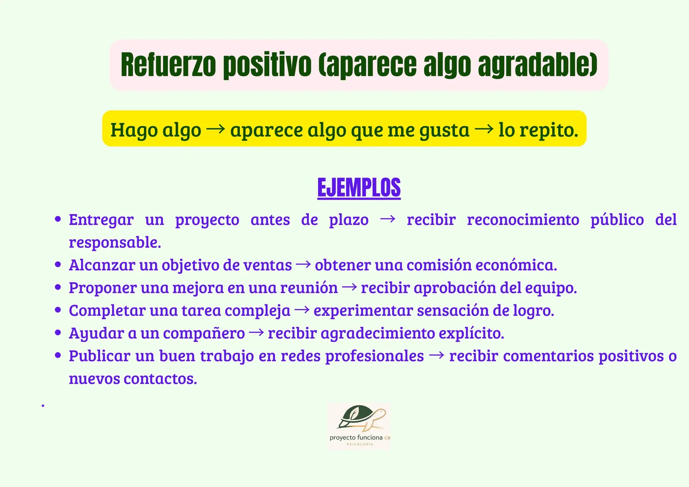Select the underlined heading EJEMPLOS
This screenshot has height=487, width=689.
[359, 187]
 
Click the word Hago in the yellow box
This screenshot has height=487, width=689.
[133, 130]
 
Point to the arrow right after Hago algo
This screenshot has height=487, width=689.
[216, 128]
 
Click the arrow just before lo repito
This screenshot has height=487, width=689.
[484, 128]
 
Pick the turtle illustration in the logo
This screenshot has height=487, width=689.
[361, 418]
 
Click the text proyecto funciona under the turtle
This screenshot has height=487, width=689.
[356, 437]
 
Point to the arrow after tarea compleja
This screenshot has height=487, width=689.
[302, 310]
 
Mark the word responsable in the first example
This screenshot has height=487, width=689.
[115, 243]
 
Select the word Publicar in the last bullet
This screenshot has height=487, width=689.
[99, 356]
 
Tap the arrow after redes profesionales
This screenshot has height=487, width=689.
[436, 355]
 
